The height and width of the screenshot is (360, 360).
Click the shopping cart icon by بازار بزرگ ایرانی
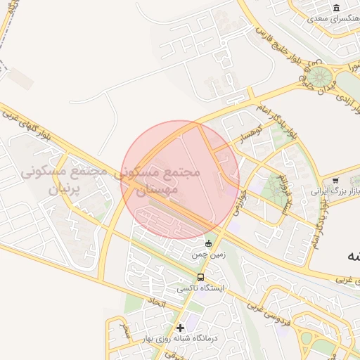(335, 181)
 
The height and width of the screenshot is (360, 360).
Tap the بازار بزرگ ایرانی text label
(335, 191)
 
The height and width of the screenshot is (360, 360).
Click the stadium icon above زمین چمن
(207, 243)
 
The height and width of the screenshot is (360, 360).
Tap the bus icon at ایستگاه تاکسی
(201, 277)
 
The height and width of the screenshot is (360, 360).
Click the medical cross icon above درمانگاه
(181, 327)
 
